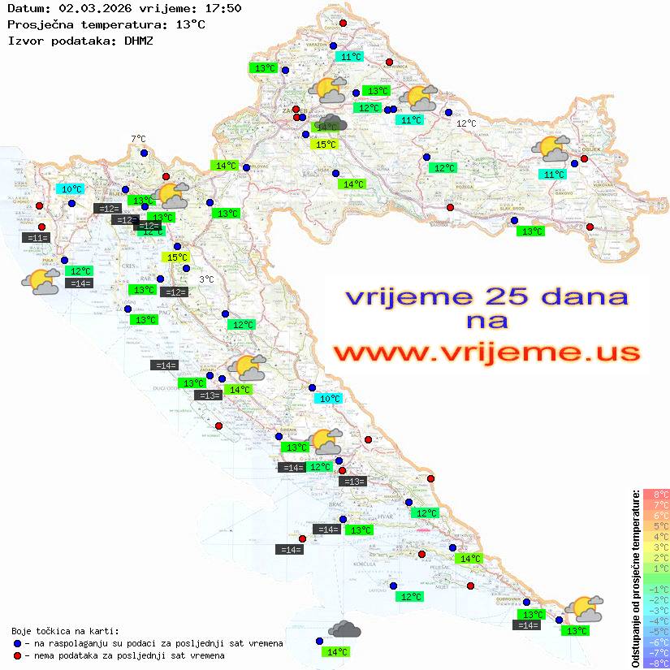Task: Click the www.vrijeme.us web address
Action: pos(486,352)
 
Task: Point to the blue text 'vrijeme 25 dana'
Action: pos(486,296)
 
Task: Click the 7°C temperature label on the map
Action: pos(138,139)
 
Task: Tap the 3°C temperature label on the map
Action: pos(206,279)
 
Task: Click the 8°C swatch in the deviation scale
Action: pos(656,494)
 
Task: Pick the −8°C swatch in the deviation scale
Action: pos(656,663)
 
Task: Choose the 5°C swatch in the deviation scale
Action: pos(656,525)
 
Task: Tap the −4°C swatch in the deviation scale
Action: pos(656,620)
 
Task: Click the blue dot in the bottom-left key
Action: pos(17,643)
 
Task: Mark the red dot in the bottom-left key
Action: pos(17,655)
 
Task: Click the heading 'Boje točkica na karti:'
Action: pos(65,631)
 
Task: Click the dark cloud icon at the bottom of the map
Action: pos(344,629)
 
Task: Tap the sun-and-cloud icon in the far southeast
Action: pos(583,607)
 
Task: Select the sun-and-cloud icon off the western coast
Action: pos(41,281)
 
